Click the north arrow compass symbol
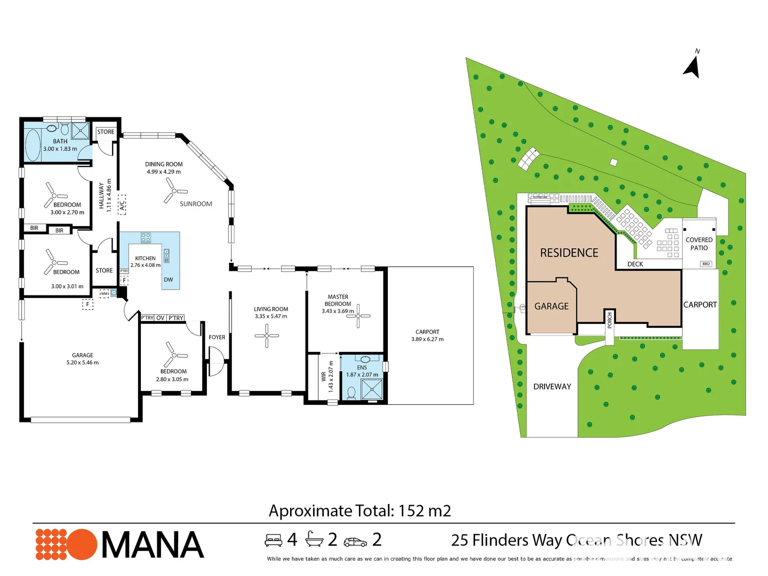692,66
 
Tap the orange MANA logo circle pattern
66,545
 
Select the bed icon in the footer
274,540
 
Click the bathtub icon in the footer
314,540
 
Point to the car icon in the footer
355,542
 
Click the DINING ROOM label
164,164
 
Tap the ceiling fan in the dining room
175,190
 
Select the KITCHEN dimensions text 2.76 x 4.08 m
145,265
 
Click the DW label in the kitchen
168,279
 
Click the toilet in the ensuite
351,393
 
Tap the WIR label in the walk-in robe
323,377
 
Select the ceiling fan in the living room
267,335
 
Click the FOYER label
217,337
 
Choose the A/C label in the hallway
122,203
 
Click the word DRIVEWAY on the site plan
552,387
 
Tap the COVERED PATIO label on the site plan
699,244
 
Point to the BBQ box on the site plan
706,264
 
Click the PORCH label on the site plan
610,320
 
